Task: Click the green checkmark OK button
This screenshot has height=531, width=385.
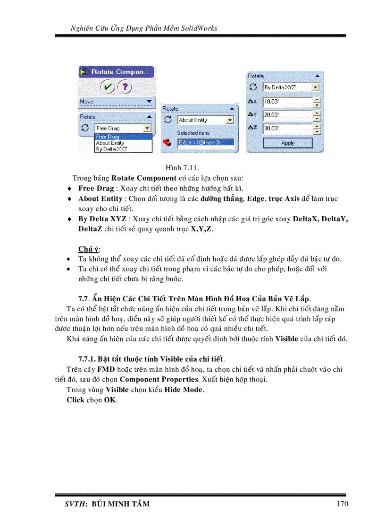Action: [108, 87]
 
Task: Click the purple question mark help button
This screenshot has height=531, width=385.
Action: [124, 87]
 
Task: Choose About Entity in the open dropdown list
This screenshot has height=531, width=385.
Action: [110, 143]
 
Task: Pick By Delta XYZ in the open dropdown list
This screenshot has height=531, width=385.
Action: [111, 149]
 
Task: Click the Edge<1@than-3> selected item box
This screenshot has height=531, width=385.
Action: [205, 142]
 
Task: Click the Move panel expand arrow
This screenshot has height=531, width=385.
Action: [149, 102]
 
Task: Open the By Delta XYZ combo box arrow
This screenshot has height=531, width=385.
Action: [316, 87]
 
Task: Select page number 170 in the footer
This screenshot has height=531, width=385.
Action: [343, 504]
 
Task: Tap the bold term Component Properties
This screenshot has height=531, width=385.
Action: [159, 379]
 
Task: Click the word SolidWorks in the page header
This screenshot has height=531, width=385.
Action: [199, 28]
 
